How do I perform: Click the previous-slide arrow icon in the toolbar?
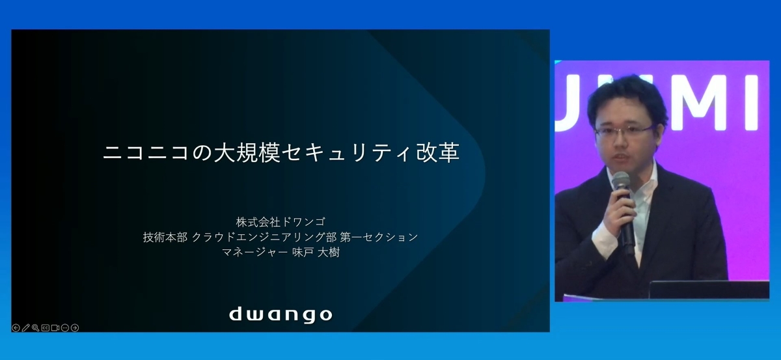pyautogui.click(x=16, y=327)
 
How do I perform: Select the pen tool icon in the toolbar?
pyautogui.click(x=26, y=327)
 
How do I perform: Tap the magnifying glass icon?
pyautogui.click(x=36, y=327)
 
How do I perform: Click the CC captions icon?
pyautogui.click(x=46, y=327)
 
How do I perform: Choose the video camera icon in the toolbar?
pyautogui.click(x=55, y=327)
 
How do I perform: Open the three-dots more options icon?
pyautogui.click(x=65, y=327)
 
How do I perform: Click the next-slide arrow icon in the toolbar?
pyautogui.click(x=75, y=327)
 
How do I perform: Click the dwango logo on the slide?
pyautogui.click(x=281, y=314)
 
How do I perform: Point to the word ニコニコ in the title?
pyautogui.click(x=146, y=153)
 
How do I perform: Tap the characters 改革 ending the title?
pyautogui.click(x=438, y=153)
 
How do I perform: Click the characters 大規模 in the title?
pyautogui.click(x=247, y=153)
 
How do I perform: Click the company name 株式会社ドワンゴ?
pyautogui.click(x=281, y=221)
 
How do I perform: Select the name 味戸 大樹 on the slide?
pyautogui.click(x=316, y=252)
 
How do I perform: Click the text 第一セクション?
pyautogui.click(x=379, y=237)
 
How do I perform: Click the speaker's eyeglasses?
pyautogui.click(x=624, y=131)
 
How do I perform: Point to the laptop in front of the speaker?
pyautogui.click(x=709, y=290)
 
